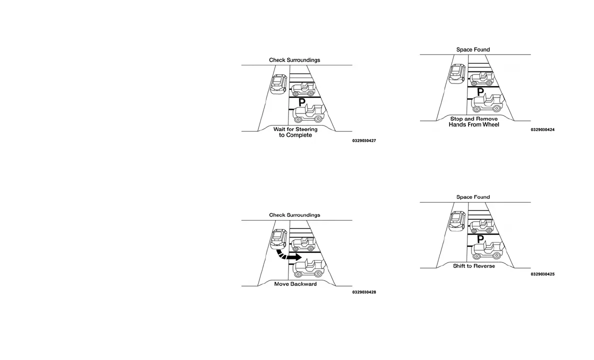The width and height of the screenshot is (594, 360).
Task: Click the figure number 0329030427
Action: coord(363,141)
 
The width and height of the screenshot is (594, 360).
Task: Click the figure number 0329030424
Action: coord(542,130)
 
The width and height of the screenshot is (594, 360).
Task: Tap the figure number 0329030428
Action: coord(363,292)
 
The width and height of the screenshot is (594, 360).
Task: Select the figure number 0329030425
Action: coord(542,274)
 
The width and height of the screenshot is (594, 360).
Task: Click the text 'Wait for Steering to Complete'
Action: coord(295,132)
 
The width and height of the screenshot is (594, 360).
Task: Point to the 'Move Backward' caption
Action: coord(295,284)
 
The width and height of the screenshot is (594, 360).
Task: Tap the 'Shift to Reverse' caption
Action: coord(474,266)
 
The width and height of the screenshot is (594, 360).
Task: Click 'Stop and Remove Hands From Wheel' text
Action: coord(474,121)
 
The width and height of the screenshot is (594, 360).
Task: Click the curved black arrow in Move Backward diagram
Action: coord(289,254)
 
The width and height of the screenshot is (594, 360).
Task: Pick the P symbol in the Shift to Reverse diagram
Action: coord(480,239)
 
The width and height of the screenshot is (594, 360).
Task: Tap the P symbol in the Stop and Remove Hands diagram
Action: coord(480,92)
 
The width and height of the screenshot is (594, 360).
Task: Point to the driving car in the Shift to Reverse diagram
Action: coord(457,220)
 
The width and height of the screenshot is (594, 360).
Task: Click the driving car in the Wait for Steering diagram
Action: coord(278,83)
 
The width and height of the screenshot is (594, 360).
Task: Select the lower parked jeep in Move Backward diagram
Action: coord(308,268)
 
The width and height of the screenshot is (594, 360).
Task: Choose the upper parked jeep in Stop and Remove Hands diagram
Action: coord(481,77)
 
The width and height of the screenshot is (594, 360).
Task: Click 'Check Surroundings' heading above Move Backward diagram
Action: coord(294,215)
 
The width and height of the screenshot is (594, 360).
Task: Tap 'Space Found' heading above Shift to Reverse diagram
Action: coord(473,197)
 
